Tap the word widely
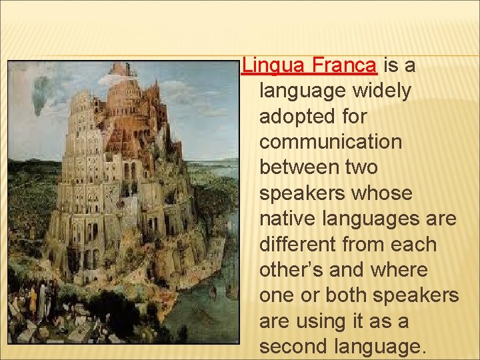[379, 91]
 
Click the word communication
[331, 142]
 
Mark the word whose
[382, 193]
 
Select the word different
[297, 245]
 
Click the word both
[339, 296]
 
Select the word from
[364, 245]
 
